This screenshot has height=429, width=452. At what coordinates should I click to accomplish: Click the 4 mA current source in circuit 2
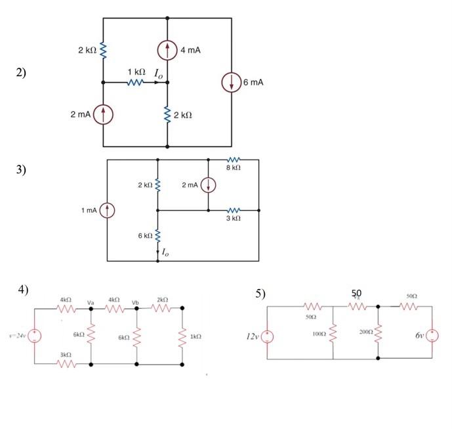(168, 51)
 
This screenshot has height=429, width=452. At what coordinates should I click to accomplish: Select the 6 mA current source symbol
(232, 83)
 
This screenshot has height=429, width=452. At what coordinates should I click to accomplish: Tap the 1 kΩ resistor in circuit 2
(134, 83)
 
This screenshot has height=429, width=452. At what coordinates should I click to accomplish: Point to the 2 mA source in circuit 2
(103, 114)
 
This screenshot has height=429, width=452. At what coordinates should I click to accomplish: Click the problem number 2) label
(22, 73)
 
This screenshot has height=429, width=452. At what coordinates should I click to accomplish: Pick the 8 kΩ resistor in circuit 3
(234, 160)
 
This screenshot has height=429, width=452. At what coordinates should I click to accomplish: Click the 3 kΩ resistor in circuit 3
(234, 210)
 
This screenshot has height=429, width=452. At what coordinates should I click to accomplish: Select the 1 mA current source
(108, 210)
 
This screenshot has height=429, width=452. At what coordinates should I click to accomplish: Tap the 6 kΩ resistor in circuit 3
(157, 235)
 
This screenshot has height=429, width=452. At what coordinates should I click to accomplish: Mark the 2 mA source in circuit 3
(209, 185)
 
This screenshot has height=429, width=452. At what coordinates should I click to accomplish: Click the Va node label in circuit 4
(92, 302)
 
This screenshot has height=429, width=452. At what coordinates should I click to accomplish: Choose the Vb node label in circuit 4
(136, 302)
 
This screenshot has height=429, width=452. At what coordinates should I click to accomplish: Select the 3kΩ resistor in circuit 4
(65, 363)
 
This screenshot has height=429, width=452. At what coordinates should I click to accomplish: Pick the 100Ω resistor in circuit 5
(333, 334)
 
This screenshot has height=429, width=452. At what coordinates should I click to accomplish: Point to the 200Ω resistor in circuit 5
(379, 334)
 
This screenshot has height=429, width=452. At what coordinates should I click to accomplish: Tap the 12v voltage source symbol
(268, 336)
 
